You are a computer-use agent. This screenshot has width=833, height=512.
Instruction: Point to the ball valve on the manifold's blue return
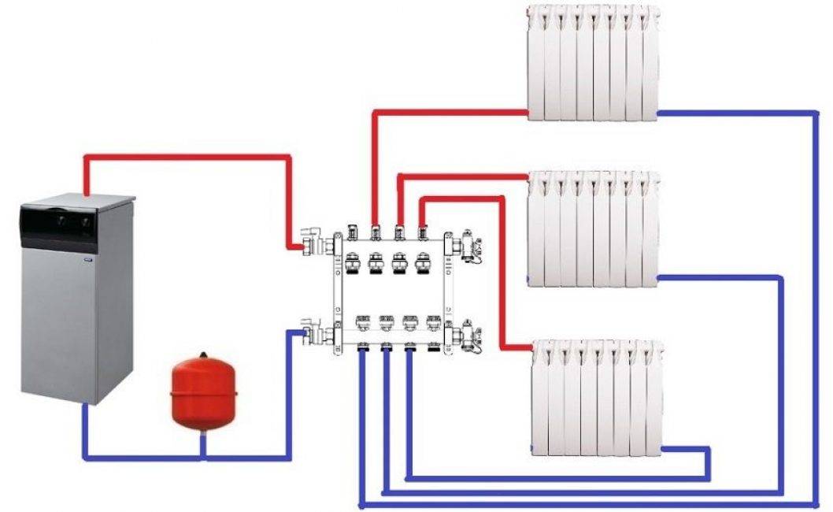(314, 331)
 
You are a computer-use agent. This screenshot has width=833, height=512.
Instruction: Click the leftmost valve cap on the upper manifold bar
(353, 263)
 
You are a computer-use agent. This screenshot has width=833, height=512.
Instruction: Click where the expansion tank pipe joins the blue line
(203, 457)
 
